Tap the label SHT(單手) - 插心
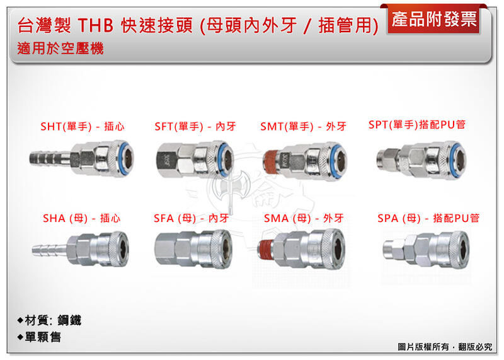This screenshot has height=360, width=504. pyautogui.click(x=82, y=127)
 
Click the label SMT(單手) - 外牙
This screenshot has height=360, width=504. pyautogui.click(x=303, y=127)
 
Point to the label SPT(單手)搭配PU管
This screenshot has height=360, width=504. pyautogui.click(x=417, y=125)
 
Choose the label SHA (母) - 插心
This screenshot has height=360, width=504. pyautogui.click(x=82, y=218)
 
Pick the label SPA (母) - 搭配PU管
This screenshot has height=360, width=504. pyautogui.click(x=428, y=218)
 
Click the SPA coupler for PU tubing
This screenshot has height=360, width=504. pyautogui.click(x=428, y=246)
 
